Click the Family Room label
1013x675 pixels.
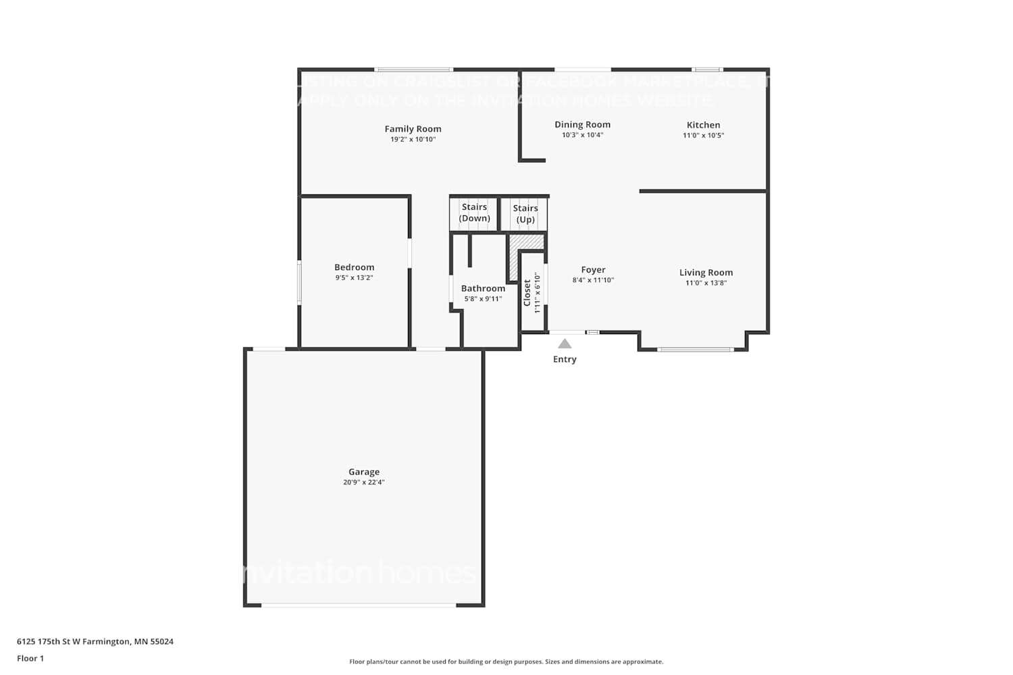pyautogui.click(x=413, y=129)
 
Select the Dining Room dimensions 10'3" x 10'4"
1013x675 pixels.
pyautogui.click(x=582, y=135)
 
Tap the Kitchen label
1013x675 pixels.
pyautogui.click(x=703, y=125)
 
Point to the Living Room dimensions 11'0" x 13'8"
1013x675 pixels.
pyautogui.click(x=706, y=283)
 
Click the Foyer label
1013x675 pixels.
pyautogui.click(x=593, y=270)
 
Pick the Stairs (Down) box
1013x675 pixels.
pyautogui.click(x=474, y=213)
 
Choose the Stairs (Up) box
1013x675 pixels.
pyautogui.click(x=525, y=214)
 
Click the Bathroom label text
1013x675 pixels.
pyautogui.click(x=483, y=288)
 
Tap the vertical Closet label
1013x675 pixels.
pyautogui.click(x=527, y=293)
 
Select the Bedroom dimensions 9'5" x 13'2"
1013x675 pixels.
pyautogui.click(x=354, y=277)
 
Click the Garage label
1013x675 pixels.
pyautogui.click(x=364, y=472)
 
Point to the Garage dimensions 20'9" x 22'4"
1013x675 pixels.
pyautogui.click(x=364, y=482)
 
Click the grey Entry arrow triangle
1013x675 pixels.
pyautogui.click(x=565, y=344)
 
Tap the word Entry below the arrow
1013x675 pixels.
pyautogui.click(x=565, y=359)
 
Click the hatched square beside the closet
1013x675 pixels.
pyautogui.click(x=527, y=242)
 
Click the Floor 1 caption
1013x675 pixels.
pyautogui.click(x=30, y=658)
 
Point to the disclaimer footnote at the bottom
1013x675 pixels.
pyautogui.click(x=506, y=661)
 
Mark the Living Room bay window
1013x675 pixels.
pyautogui.click(x=695, y=349)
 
